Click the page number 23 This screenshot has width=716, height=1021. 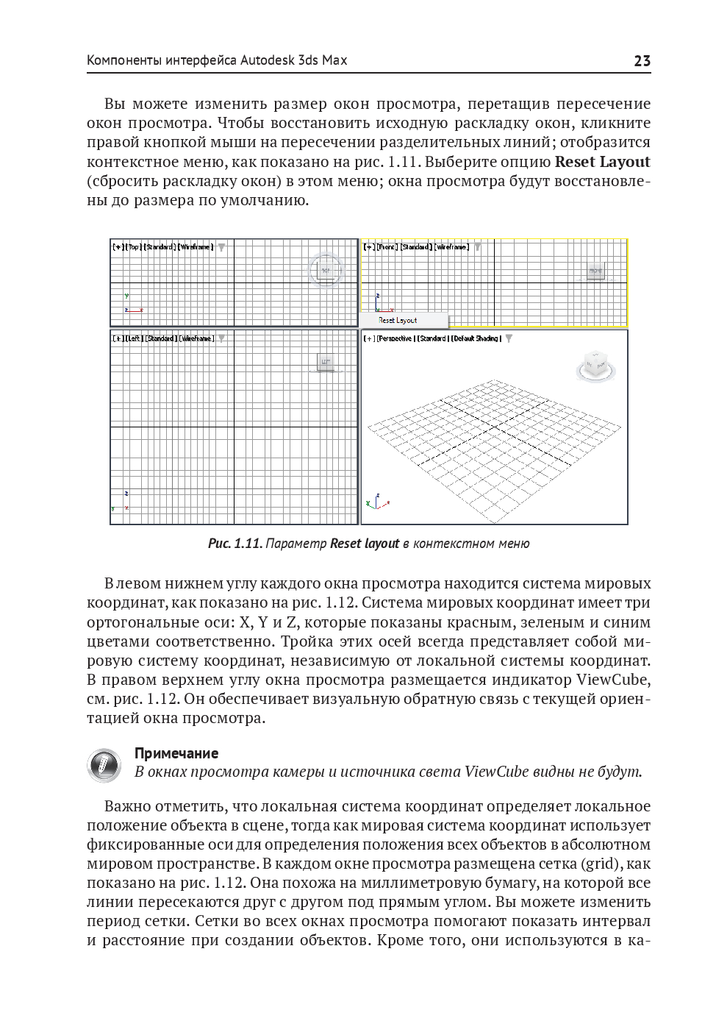coord(642,61)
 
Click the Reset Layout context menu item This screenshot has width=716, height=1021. coord(398,321)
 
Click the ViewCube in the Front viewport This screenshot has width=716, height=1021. coord(595,271)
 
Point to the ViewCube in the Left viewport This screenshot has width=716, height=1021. coord(326,362)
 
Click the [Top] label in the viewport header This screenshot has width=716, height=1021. coord(134,247)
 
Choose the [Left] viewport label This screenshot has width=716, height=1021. coord(134,338)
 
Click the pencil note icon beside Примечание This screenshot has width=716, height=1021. coord(104,765)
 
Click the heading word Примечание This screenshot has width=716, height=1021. coord(176,753)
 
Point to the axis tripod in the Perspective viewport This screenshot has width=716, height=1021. coord(376,502)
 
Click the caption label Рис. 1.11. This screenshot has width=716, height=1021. coord(235,544)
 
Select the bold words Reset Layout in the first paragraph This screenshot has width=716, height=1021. coord(603,162)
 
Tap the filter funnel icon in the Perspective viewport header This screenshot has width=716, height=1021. coord(509,338)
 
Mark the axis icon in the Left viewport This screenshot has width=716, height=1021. coord(122,502)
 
